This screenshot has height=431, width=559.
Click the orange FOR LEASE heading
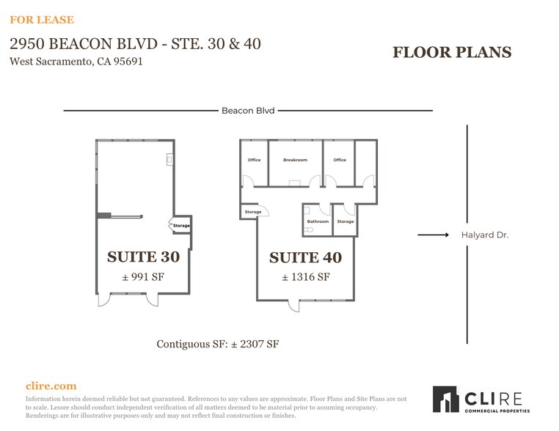tap(42, 20)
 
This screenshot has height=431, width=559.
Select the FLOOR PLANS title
tap(451, 52)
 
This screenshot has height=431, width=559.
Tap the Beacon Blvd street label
tap(248, 111)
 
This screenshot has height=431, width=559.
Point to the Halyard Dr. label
tap(484, 235)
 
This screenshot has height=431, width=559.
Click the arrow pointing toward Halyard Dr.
tap(433, 235)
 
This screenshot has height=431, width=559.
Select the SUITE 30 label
tap(143, 257)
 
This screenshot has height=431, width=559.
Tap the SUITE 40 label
tap(305, 257)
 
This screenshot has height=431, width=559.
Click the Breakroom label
tap(295, 160)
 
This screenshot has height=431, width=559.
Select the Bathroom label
tap(318, 221)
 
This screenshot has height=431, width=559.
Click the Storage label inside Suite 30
tap(181, 226)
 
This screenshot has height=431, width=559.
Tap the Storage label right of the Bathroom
tap(345, 221)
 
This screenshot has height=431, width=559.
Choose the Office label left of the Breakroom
tap(254, 160)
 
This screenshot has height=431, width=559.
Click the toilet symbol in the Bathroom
tap(308, 229)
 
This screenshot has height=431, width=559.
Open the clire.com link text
tap(51, 386)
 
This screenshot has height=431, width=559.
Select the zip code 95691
tap(125, 62)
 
